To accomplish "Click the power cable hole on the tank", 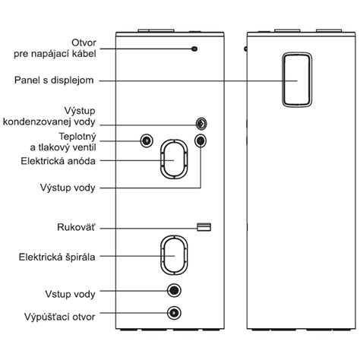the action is [x=194, y=49].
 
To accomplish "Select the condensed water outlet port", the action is [x=201, y=124].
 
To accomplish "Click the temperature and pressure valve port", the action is [x=147, y=141].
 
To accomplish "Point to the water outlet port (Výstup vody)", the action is [x=201, y=141].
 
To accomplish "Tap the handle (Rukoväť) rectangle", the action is [x=204, y=227].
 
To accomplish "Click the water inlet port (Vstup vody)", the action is [x=174, y=290].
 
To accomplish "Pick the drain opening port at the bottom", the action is [x=174, y=313].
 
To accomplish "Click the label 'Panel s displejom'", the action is [x=54, y=81].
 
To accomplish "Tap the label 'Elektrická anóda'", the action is [x=58, y=161].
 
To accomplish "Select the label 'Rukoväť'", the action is [x=76, y=227].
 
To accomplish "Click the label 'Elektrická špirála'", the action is [x=57, y=257].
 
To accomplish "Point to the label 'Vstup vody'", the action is [x=70, y=294].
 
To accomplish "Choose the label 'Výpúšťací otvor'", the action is [x=60, y=317].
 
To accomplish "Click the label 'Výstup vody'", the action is [x=68, y=188].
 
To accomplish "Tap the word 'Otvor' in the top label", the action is [x=84, y=43].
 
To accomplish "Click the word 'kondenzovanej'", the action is [x=34, y=122].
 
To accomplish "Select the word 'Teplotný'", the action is [x=77, y=137].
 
